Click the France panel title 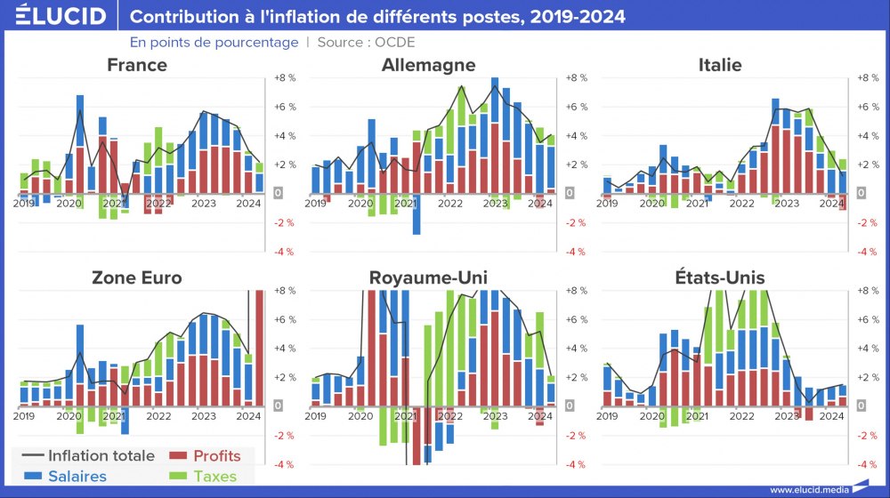pos(136,65)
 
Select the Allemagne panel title pos(428,65)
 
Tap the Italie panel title pos(720,65)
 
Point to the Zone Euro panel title pos(136,277)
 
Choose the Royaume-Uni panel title pos(428,277)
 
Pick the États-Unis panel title pos(720,277)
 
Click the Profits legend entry pos(216,456)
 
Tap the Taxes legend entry pos(216,476)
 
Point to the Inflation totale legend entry pos(101,456)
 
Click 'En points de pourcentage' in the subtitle pos(214,42)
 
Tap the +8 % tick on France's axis pos(285,78)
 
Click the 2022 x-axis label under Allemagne pos(450,204)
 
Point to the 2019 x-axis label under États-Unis pos(607,416)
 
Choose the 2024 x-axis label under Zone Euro pos(248,416)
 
